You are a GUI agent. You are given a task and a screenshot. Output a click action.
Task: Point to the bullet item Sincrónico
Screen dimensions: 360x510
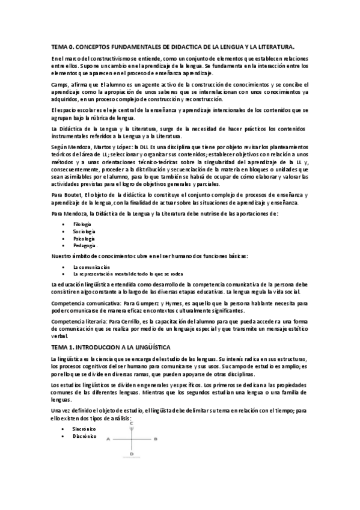pos(84,428)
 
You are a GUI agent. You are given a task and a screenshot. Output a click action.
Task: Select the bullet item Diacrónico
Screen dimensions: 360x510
pos(85,436)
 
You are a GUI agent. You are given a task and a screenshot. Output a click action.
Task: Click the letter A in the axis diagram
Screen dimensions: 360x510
pos(108,440)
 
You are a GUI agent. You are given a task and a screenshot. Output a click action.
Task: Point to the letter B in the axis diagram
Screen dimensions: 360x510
pos(156,440)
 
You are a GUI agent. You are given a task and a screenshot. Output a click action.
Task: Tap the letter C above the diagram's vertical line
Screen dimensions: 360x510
pos(131,423)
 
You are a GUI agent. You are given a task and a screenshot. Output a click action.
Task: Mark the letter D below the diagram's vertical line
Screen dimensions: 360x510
pos(131,454)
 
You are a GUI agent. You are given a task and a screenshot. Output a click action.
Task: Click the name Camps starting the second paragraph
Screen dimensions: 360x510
pos(60,85)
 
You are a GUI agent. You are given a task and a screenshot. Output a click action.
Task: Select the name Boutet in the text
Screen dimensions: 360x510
pos(74,195)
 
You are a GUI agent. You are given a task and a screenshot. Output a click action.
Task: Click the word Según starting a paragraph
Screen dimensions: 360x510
pos(59,147)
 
